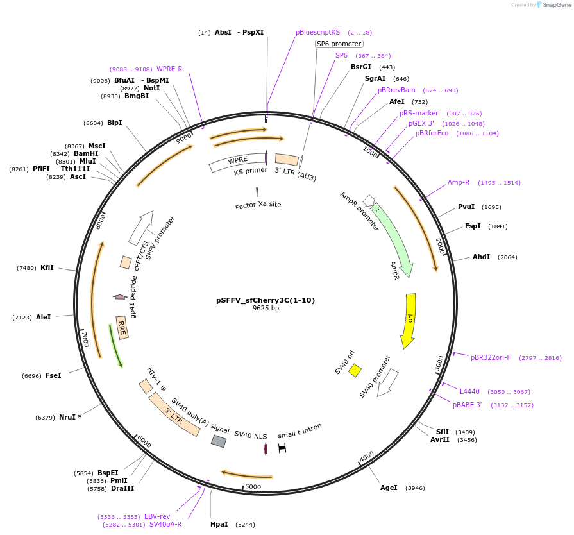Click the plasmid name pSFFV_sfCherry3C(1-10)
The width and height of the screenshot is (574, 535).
click(x=266, y=300)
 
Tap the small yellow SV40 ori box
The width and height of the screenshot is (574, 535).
click(x=355, y=371)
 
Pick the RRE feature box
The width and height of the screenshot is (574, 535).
click(x=122, y=328)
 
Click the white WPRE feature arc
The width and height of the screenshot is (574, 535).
click(x=237, y=163)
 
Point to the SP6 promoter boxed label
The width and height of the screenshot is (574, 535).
click(x=339, y=44)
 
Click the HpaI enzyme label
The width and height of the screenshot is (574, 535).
click(x=219, y=524)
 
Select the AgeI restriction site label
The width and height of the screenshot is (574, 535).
click(x=389, y=488)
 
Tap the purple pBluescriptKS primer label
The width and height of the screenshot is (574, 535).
click(x=317, y=32)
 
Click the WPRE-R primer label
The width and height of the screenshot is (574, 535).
click(x=169, y=69)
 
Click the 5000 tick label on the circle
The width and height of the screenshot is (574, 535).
click(x=253, y=487)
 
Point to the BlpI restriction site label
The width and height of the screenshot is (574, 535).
click(x=115, y=123)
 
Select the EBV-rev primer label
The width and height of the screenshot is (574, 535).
click(x=157, y=516)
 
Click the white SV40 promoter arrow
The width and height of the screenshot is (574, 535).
click(x=387, y=384)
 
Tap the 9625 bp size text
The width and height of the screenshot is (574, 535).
click(x=266, y=309)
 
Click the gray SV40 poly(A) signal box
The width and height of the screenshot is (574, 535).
click(x=219, y=441)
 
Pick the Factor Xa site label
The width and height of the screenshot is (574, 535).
click(x=258, y=205)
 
